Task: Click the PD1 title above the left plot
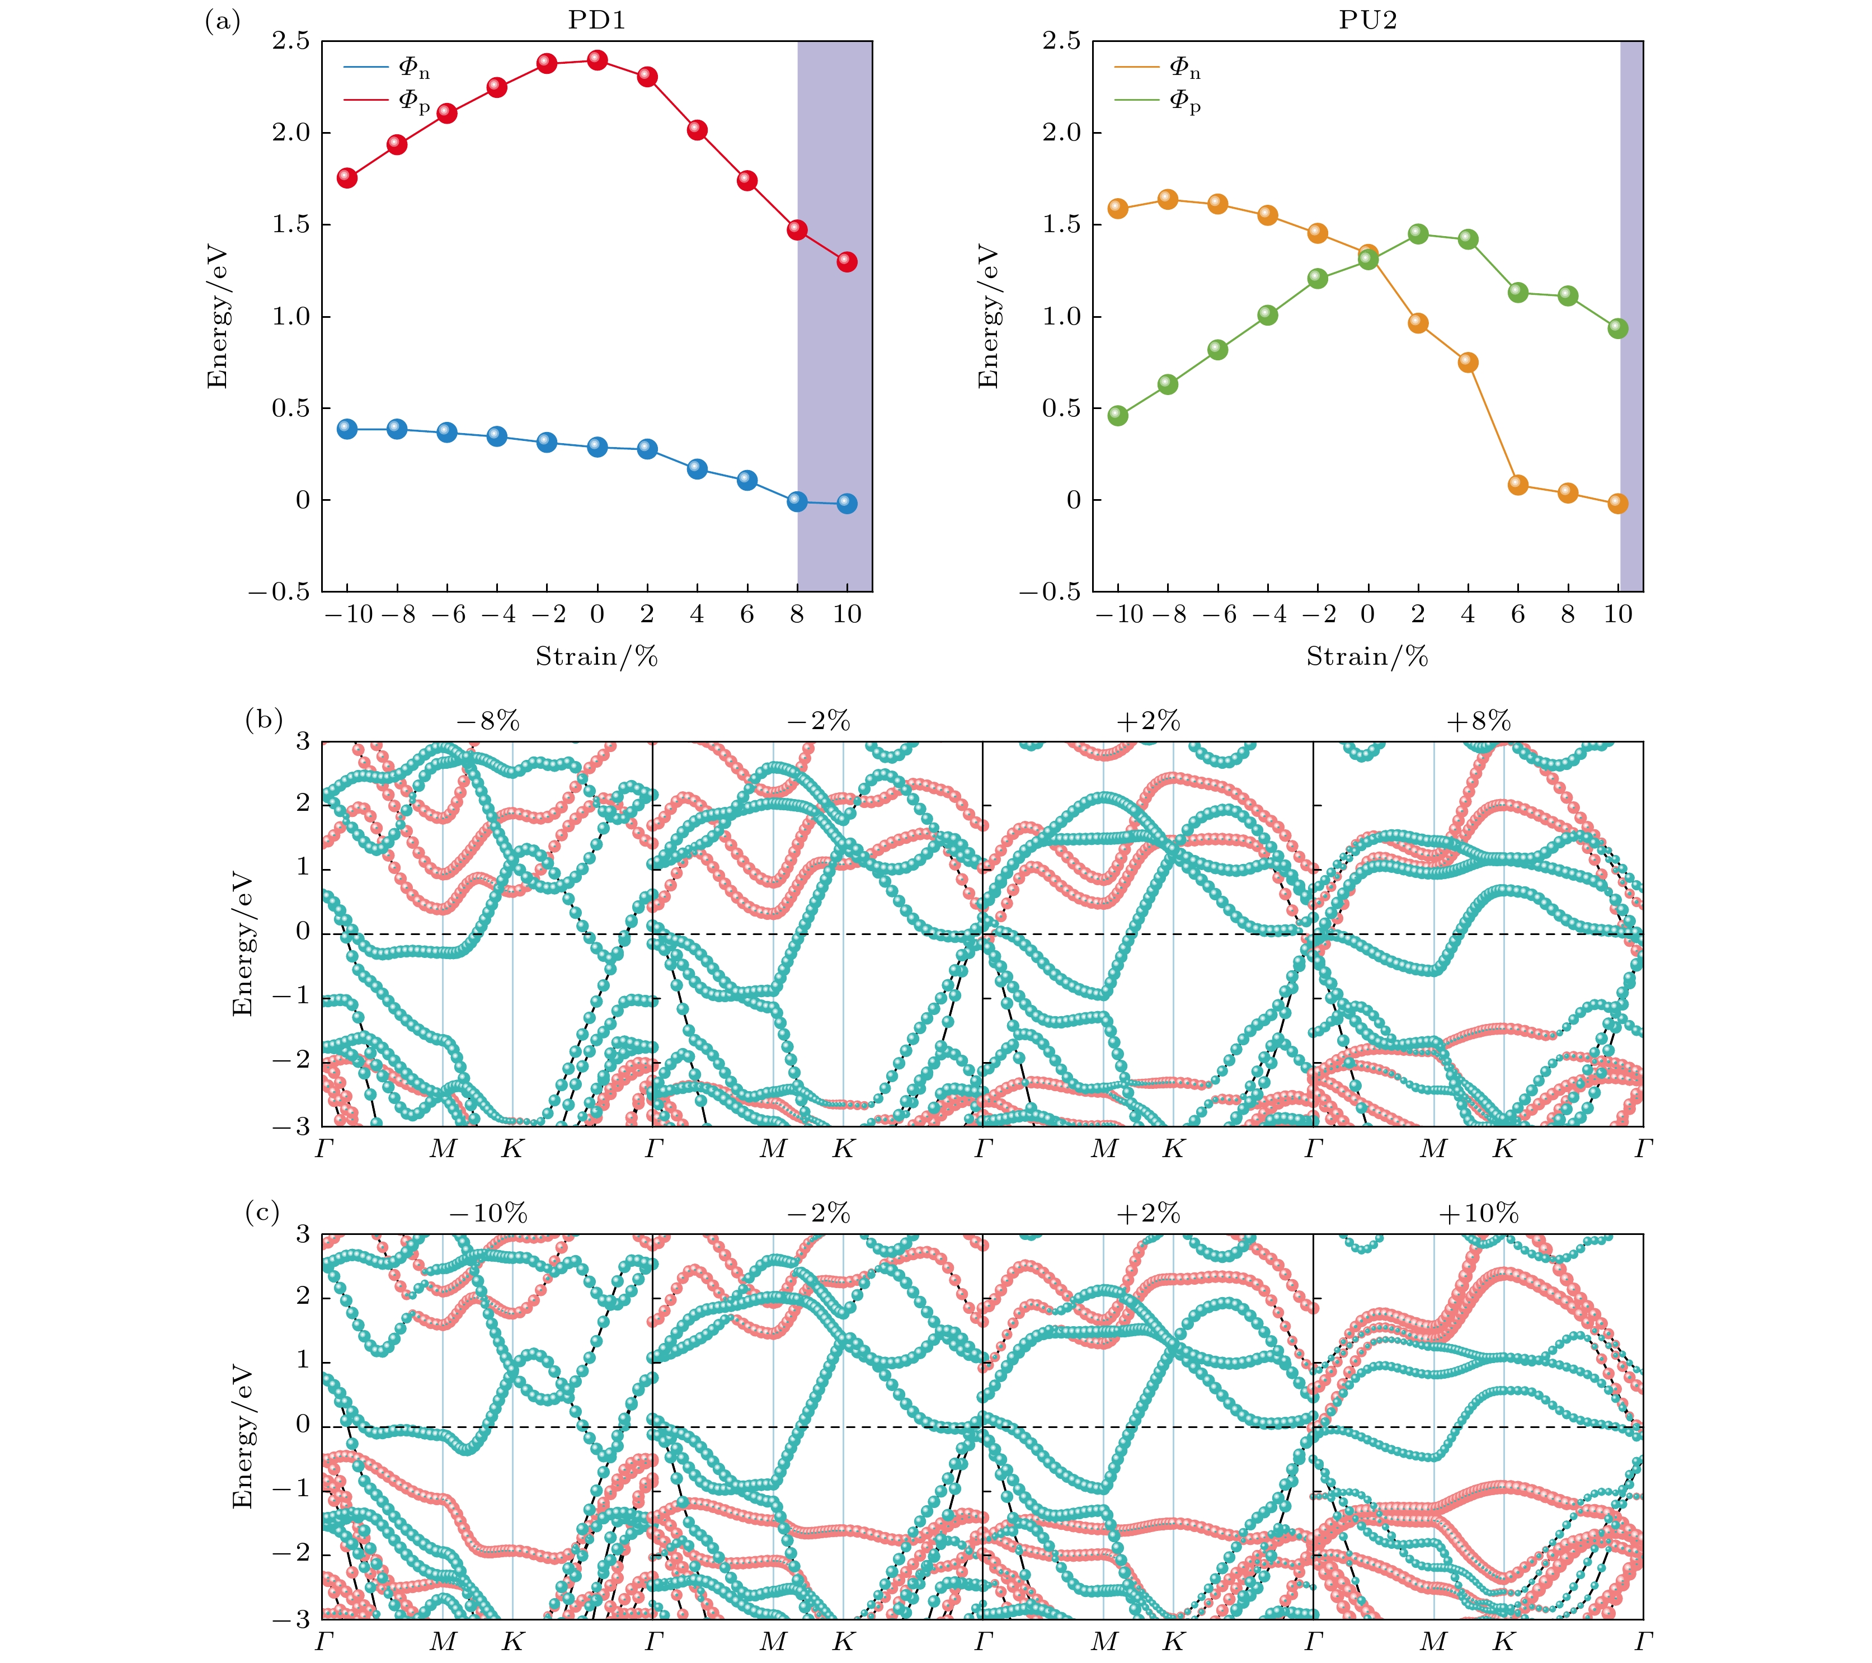[596, 20]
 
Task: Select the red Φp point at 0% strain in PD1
[597, 60]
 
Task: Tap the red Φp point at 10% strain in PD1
[847, 262]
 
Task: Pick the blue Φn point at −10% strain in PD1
[347, 429]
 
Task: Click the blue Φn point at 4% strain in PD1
[697, 469]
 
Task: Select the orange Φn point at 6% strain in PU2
[1517, 485]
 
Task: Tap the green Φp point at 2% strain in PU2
[1418, 233]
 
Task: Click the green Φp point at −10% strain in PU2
[1117, 416]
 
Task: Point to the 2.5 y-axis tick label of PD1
[291, 42]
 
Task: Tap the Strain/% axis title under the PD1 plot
[596, 656]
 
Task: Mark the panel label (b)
[264, 720]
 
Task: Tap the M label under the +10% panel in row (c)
[1433, 1641]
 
